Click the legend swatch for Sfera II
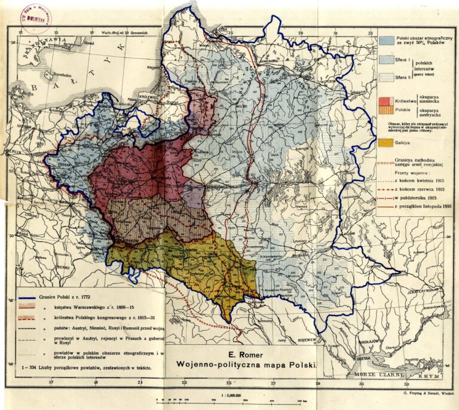coord(388,77)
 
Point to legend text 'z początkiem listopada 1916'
coord(426,206)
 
